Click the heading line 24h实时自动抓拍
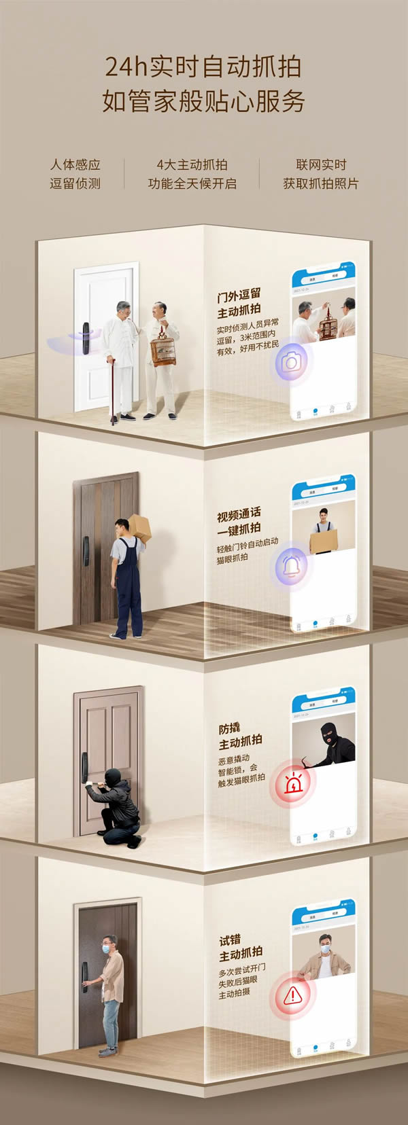point(203,67)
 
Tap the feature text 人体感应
point(75,164)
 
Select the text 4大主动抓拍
point(192,164)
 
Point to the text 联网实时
point(321,164)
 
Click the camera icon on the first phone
point(291,362)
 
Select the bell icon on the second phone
point(291,565)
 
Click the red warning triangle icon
point(292,996)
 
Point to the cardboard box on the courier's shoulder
point(139,527)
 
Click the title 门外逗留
point(239,296)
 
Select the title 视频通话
point(239,513)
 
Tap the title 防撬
point(229,728)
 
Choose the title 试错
point(230,941)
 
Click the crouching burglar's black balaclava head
point(112,776)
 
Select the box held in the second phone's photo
point(324,541)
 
